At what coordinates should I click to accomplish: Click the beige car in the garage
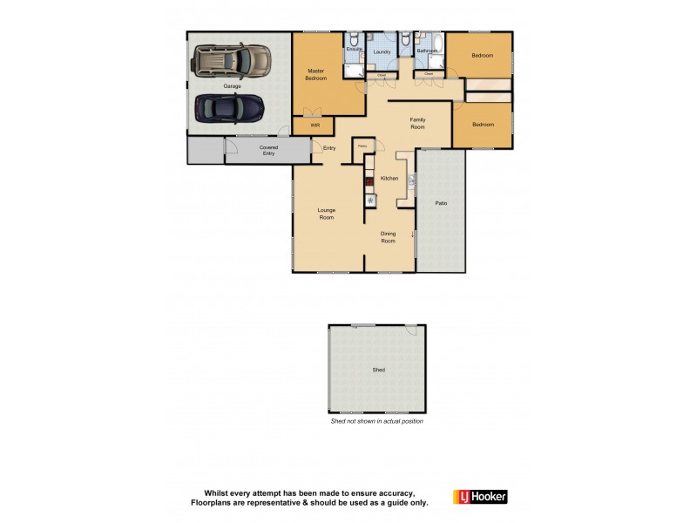tap(232, 61)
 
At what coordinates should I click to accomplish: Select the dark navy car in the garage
tap(229, 109)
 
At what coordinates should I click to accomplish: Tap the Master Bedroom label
tap(315, 74)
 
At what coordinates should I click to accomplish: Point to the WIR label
tap(303, 126)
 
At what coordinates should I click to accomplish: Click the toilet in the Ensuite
tap(354, 39)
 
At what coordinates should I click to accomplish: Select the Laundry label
tap(382, 52)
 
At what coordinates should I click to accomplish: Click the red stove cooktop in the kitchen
tap(369, 183)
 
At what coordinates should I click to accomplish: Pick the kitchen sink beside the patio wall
tap(410, 180)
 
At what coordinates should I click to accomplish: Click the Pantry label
tap(361, 146)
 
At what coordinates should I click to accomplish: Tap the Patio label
tap(441, 203)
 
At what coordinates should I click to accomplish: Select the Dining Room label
tap(388, 237)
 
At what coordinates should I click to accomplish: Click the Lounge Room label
tap(326, 214)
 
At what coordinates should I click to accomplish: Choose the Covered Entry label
tap(268, 151)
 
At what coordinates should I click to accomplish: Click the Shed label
tap(378, 370)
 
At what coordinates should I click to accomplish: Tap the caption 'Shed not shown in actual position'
tap(376, 421)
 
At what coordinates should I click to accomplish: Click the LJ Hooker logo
tap(480, 497)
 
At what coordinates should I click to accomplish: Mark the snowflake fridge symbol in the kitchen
tap(369, 200)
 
